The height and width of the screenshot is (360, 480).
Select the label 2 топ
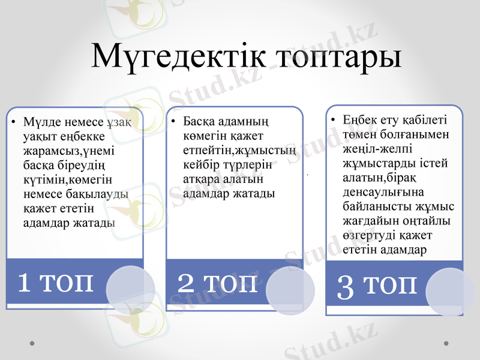[x=217, y=281]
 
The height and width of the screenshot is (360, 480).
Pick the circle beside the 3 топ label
[x=450, y=293]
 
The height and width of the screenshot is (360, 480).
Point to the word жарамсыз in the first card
[x=45, y=151]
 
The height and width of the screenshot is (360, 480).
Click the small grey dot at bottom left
[x=32, y=343]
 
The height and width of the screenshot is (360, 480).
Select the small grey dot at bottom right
[x=446, y=343]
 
